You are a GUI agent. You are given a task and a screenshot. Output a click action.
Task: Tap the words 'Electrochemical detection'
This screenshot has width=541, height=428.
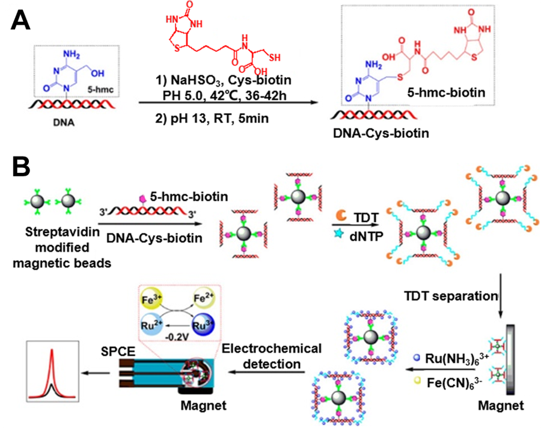pos(272,356)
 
